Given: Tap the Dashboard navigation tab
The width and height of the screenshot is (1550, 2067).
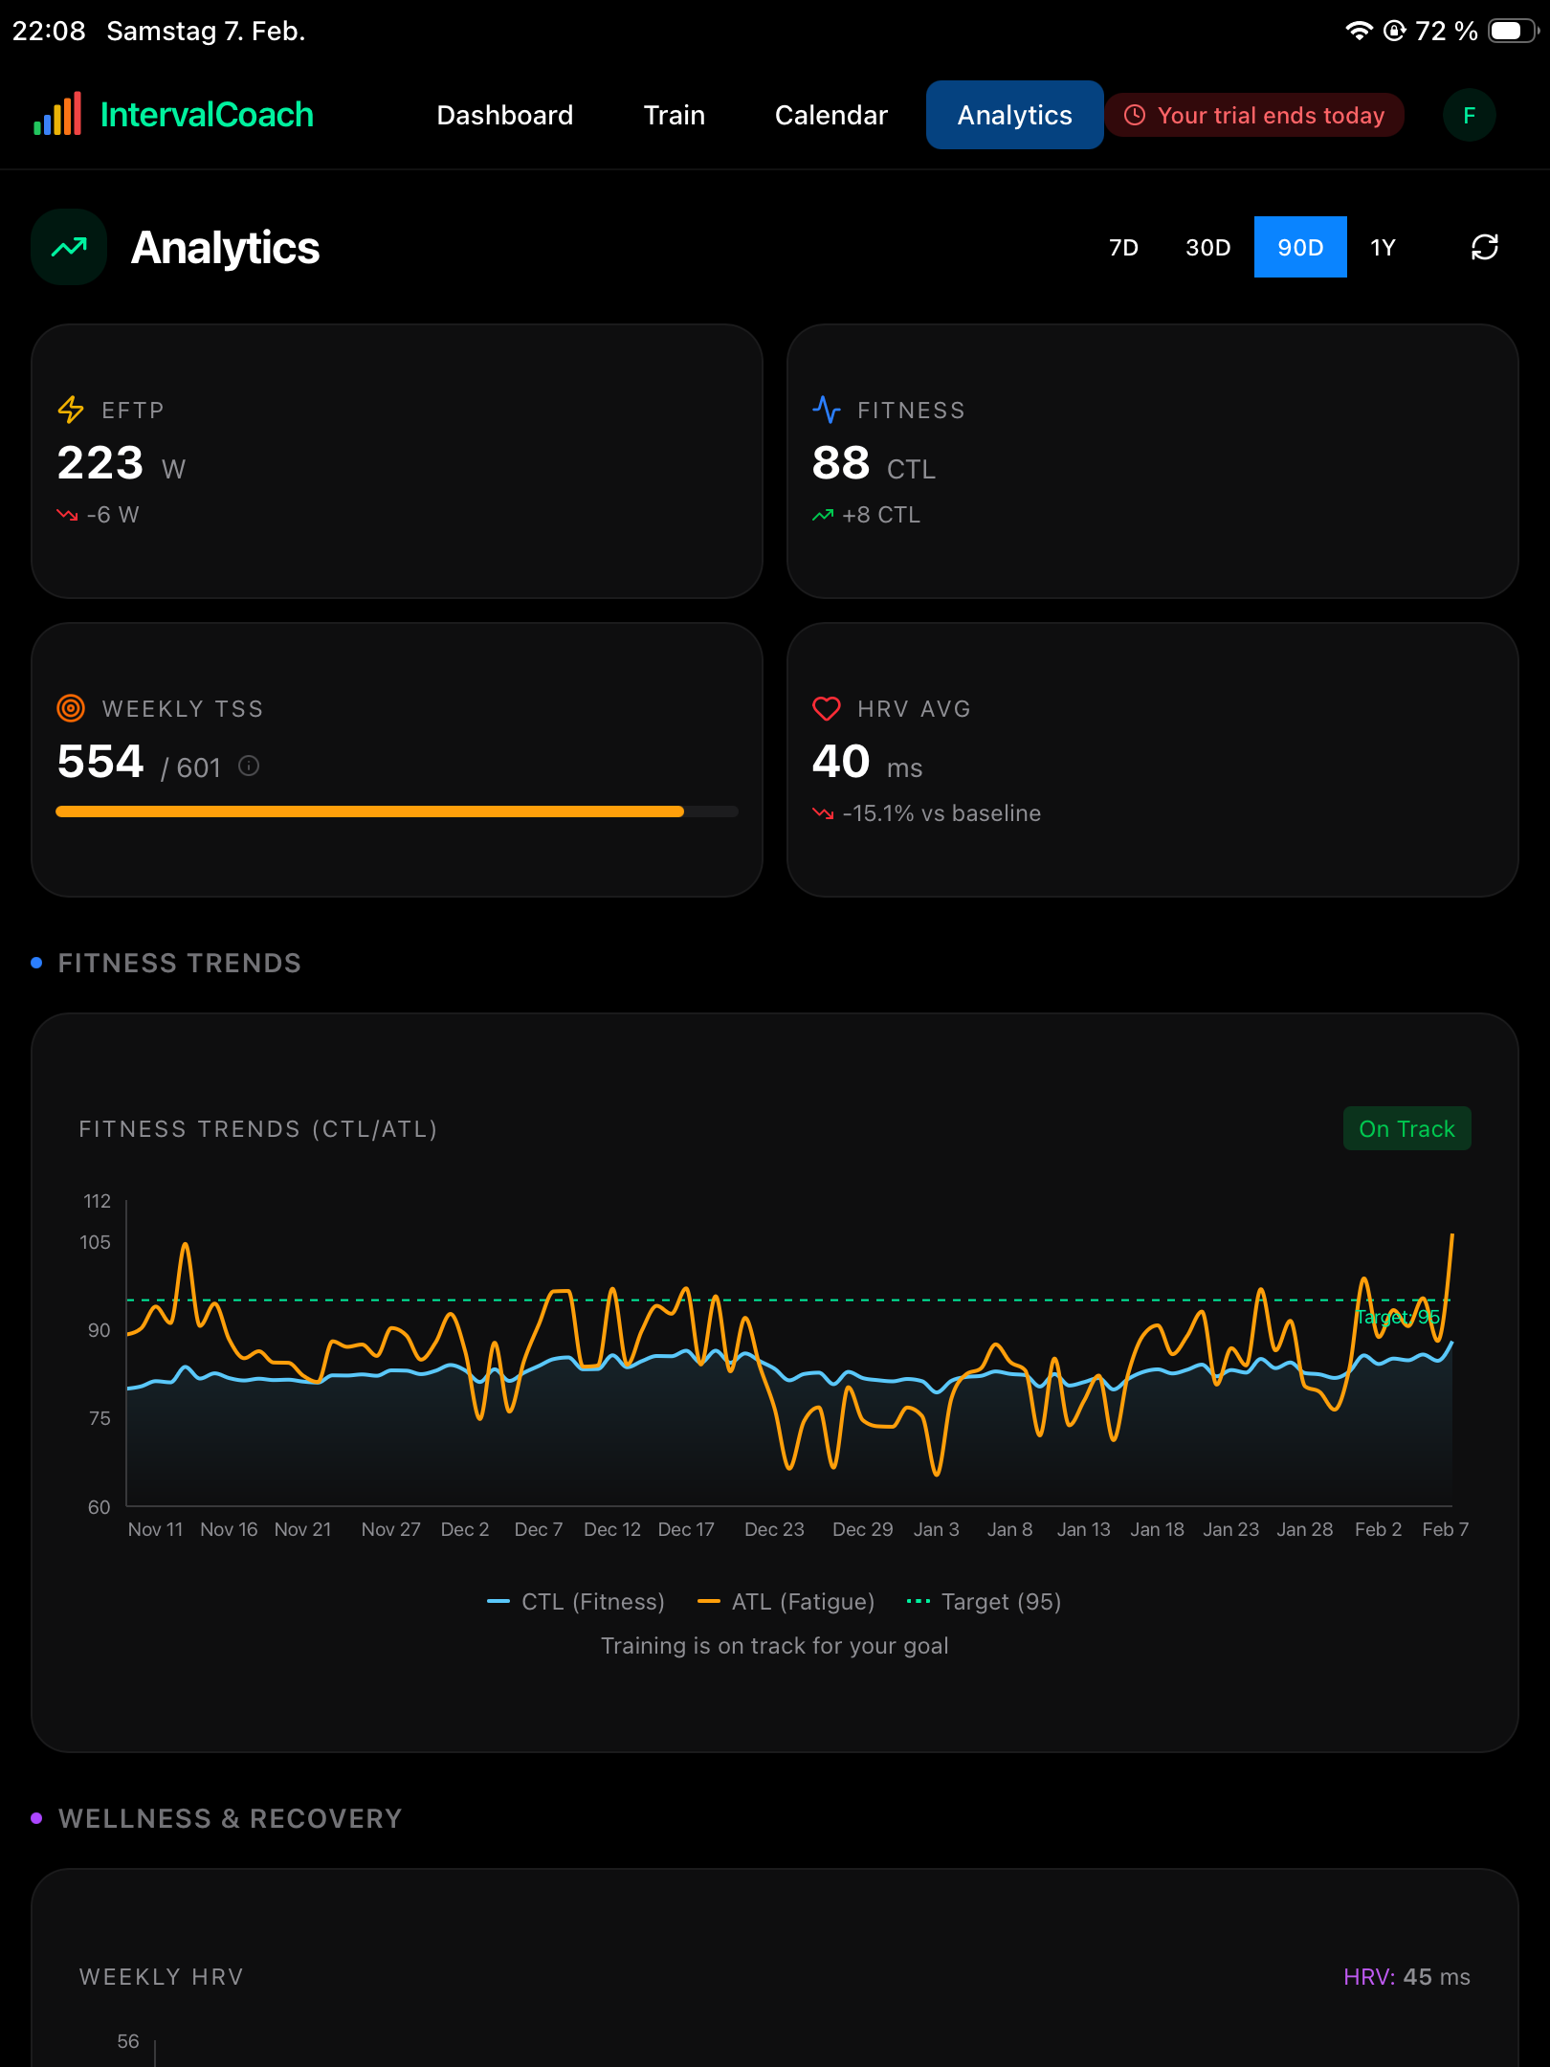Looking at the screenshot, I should coord(504,115).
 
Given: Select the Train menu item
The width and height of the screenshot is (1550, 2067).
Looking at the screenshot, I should coord(674,115).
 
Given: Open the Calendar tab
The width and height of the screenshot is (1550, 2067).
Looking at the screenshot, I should coord(830,115).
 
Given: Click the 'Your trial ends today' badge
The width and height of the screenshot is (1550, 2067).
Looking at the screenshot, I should coord(1254,115).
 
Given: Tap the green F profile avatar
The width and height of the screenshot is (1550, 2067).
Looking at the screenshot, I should coord(1469,115).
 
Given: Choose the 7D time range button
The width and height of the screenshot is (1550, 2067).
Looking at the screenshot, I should coord(1123,248).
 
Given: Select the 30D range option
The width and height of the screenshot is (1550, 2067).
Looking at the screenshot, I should coord(1207,248).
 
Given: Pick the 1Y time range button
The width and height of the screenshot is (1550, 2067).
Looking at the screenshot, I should coord(1383,248).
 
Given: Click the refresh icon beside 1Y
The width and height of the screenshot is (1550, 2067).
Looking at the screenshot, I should coord(1484,248).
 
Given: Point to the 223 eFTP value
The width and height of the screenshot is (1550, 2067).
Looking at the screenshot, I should coord(100,463).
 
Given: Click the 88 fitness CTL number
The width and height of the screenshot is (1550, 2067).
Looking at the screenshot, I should coord(841,463).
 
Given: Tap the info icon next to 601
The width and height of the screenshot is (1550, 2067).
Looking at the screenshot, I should coord(249,766).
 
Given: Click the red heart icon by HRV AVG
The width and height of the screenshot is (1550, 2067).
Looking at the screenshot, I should coord(827,708).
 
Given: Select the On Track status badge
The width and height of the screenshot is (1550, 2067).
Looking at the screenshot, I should coord(1406,1129).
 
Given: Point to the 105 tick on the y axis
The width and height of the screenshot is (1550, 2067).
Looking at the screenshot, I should coord(95,1242).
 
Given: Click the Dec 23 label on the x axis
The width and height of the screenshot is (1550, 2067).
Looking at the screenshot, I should coord(774,1529).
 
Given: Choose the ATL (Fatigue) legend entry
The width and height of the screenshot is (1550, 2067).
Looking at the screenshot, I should coord(786,1602).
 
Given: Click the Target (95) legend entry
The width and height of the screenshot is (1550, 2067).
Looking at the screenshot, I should coord(984,1602).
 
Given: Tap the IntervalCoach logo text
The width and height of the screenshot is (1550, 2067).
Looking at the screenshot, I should coord(207,115).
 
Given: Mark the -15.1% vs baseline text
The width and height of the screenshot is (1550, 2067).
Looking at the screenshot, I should coord(941,813).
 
